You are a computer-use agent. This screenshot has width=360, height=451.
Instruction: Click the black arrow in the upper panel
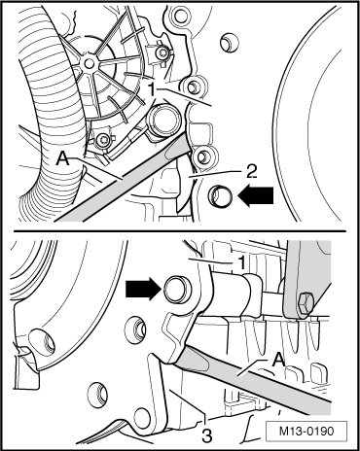[x=256, y=195]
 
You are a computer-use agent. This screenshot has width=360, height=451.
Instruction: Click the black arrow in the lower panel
[x=143, y=289]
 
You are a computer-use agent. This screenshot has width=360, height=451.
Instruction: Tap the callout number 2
[x=251, y=172]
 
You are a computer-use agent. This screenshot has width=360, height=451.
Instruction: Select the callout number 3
[x=206, y=435]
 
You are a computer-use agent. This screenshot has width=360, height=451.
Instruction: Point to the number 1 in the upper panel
[x=153, y=89]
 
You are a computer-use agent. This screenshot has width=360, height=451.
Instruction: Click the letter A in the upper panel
[x=63, y=158]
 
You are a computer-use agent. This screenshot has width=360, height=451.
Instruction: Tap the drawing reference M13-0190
[x=306, y=432]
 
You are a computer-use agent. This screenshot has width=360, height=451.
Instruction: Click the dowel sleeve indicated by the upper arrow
[x=221, y=196]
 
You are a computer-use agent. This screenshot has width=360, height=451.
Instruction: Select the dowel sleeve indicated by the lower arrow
[x=177, y=289]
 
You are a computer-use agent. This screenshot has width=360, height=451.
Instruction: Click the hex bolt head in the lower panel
[x=305, y=303]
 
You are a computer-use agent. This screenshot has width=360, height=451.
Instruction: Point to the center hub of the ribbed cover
[x=89, y=64]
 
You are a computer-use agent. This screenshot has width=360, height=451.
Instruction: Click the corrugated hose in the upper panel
[x=49, y=114]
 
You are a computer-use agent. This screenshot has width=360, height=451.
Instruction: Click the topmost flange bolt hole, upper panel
[x=178, y=15]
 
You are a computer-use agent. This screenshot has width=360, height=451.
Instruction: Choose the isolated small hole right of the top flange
[x=230, y=42]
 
